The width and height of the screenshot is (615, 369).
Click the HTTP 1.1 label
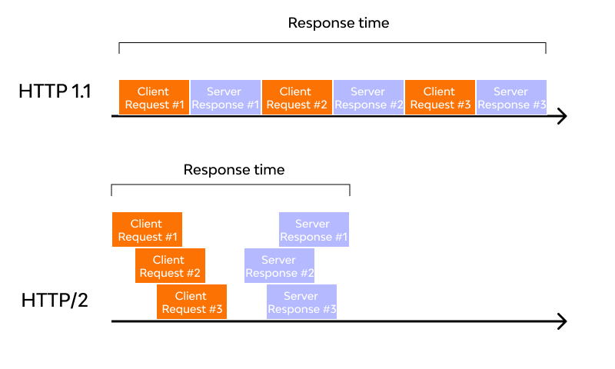[x=55, y=91]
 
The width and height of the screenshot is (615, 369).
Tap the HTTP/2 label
[x=55, y=300]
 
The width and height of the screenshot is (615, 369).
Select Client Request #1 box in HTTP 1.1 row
[x=154, y=98]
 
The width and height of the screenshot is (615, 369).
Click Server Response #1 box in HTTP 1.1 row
[x=225, y=98]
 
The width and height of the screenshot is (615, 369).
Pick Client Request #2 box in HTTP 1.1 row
[x=297, y=98]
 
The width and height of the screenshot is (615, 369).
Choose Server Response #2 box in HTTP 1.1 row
[x=368, y=98]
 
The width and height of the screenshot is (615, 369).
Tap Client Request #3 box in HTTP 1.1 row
[x=440, y=98]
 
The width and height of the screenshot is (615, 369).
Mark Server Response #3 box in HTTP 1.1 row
[x=511, y=98]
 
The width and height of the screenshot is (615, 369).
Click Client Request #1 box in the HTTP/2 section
[x=147, y=230]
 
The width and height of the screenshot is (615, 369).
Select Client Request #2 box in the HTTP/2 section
[x=170, y=266]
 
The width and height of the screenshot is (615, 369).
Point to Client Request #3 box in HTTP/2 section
[x=191, y=302]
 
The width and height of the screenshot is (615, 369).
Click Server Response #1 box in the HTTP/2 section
[x=314, y=230]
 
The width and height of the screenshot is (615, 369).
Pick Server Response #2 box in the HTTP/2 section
[x=279, y=266]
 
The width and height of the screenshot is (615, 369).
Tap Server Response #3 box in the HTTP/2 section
[x=301, y=302]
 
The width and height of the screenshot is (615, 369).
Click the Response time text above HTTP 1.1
[x=338, y=23]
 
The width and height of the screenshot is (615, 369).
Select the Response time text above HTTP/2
[x=234, y=170]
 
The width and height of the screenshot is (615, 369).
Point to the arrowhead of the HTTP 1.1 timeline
[x=561, y=116]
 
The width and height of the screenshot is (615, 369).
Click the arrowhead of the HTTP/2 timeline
[x=561, y=321]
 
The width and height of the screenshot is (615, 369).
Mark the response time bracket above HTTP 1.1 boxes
[x=332, y=44]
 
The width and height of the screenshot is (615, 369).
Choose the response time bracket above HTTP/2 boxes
[x=230, y=185]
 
